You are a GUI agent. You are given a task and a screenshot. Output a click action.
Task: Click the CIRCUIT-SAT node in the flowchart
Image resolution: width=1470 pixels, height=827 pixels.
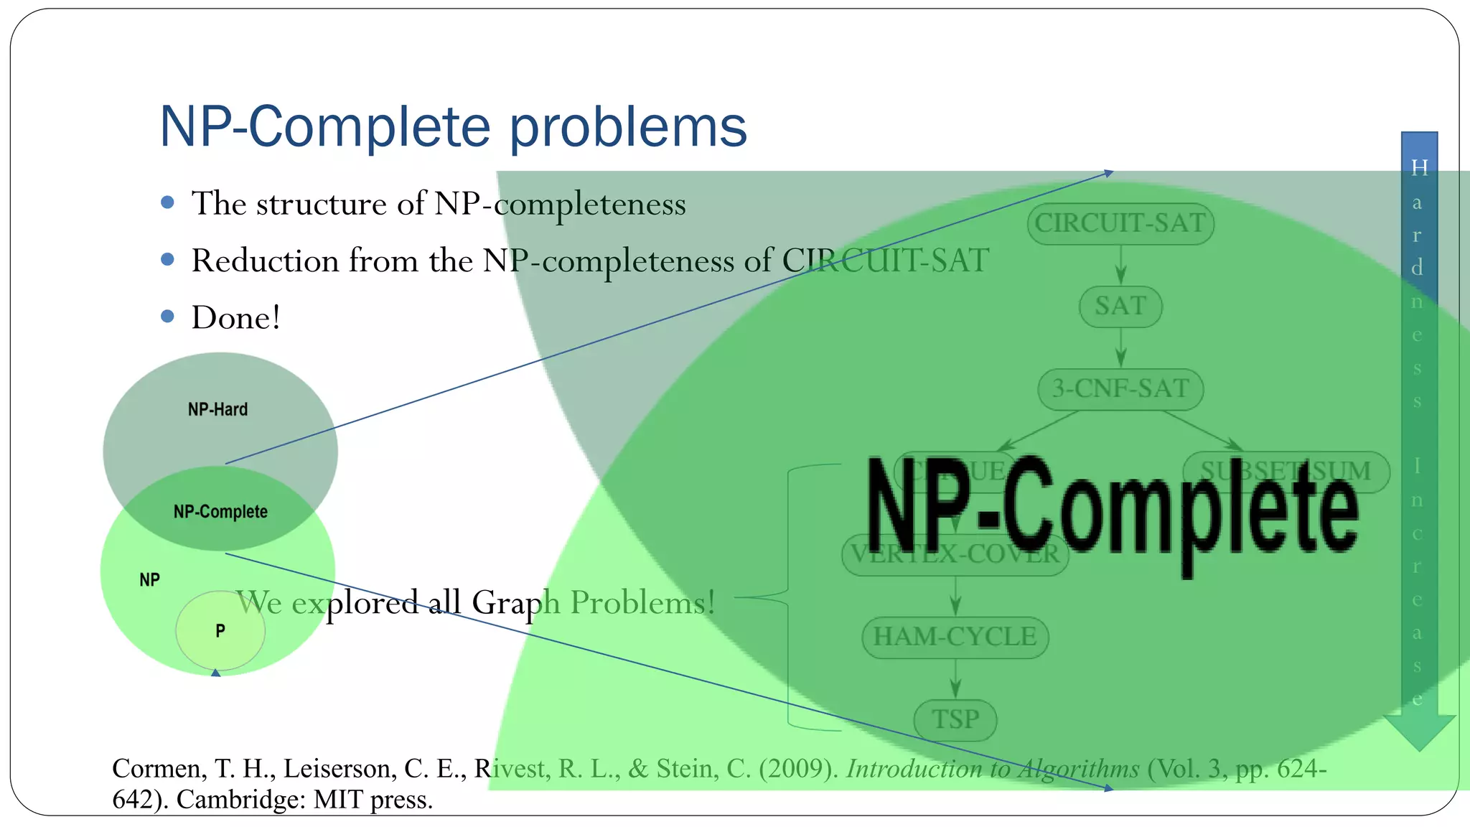1120,223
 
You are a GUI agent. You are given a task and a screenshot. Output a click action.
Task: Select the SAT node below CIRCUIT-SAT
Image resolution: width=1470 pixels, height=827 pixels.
1120,307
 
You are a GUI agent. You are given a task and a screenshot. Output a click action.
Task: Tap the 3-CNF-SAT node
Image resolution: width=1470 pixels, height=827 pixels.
1120,389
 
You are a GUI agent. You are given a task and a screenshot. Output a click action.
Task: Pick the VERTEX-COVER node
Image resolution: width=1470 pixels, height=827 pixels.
955,554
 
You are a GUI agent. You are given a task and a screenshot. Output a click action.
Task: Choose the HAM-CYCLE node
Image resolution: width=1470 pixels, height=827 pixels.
955,637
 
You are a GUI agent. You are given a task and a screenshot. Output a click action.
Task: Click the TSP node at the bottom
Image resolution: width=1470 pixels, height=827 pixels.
955,719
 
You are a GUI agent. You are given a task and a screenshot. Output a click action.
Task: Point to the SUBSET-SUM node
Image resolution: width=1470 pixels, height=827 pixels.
1285,472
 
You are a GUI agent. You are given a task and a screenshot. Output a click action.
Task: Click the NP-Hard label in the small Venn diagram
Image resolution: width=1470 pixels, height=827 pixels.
217,409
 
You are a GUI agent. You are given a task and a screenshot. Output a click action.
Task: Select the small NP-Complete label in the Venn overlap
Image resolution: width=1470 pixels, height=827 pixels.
220,512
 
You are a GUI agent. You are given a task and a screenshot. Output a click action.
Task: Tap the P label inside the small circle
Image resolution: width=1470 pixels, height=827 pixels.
220,631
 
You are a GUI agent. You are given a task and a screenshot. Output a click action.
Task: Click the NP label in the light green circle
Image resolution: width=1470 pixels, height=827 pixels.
149,580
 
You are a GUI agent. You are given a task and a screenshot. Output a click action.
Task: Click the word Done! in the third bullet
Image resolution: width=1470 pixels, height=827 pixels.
235,317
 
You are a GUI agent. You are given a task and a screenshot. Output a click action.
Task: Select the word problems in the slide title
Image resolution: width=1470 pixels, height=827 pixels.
628,127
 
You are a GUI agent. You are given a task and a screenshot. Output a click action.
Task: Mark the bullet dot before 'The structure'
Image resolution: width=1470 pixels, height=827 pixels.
168,202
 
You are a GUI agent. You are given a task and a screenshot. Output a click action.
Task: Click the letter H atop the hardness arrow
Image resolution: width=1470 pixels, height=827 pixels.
1419,168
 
